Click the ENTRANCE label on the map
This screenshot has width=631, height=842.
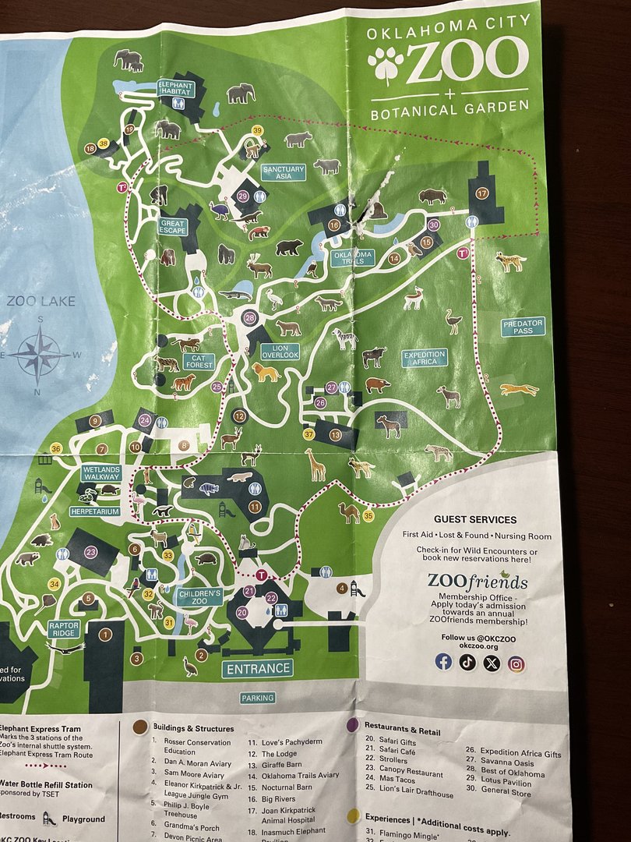(258, 668)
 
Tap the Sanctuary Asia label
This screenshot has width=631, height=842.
(283, 172)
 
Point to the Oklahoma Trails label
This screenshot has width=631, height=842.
(353, 257)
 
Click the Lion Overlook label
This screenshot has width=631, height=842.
(280, 351)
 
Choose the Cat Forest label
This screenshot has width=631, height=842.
(199, 362)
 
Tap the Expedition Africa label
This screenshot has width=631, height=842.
(425, 358)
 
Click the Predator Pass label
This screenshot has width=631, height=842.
(523, 326)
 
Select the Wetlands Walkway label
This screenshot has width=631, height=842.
(101, 473)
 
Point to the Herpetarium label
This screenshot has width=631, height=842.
(95, 511)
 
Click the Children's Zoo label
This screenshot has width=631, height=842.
(199, 597)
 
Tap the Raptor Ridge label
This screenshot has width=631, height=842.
(64, 628)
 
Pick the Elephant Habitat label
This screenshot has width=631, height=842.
(174, 87)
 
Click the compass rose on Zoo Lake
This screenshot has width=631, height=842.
(40, 354)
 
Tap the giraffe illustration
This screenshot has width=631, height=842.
(315, 465)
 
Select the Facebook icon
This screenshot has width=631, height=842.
(443, 662)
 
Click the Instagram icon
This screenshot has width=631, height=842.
(516, 663)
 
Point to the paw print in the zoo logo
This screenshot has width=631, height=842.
(386, 65)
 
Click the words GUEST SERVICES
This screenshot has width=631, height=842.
(475, 519)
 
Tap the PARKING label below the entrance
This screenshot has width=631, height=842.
(256, 698)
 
